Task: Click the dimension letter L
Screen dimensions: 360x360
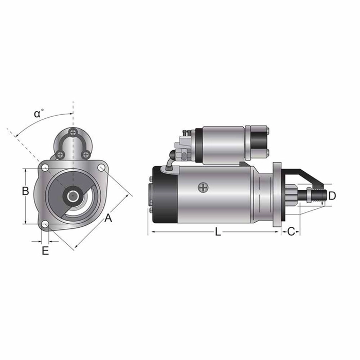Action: tap(218, 232)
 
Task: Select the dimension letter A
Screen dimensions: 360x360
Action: tap(108, 219)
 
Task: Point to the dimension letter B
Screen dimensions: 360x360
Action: tap(25, 191)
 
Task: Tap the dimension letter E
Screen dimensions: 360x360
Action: tap(45, 251)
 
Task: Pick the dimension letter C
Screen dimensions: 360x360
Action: tap(291, 232)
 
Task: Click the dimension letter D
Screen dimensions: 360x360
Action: tap(332, 195)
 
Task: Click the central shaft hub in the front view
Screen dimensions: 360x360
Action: tap(73, 195)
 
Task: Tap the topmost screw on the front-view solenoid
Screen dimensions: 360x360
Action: tap(74, 133)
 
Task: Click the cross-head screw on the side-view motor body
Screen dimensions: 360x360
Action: tap(204, 188)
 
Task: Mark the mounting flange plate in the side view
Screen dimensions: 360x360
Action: tap(277, 194)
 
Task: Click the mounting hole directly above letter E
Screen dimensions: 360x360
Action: tap(45, 224)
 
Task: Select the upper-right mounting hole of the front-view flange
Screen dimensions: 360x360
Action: tap(102, 168)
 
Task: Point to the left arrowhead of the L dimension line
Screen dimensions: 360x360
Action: tap(150, 232)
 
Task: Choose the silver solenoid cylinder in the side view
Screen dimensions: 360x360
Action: tap(223, 145)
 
